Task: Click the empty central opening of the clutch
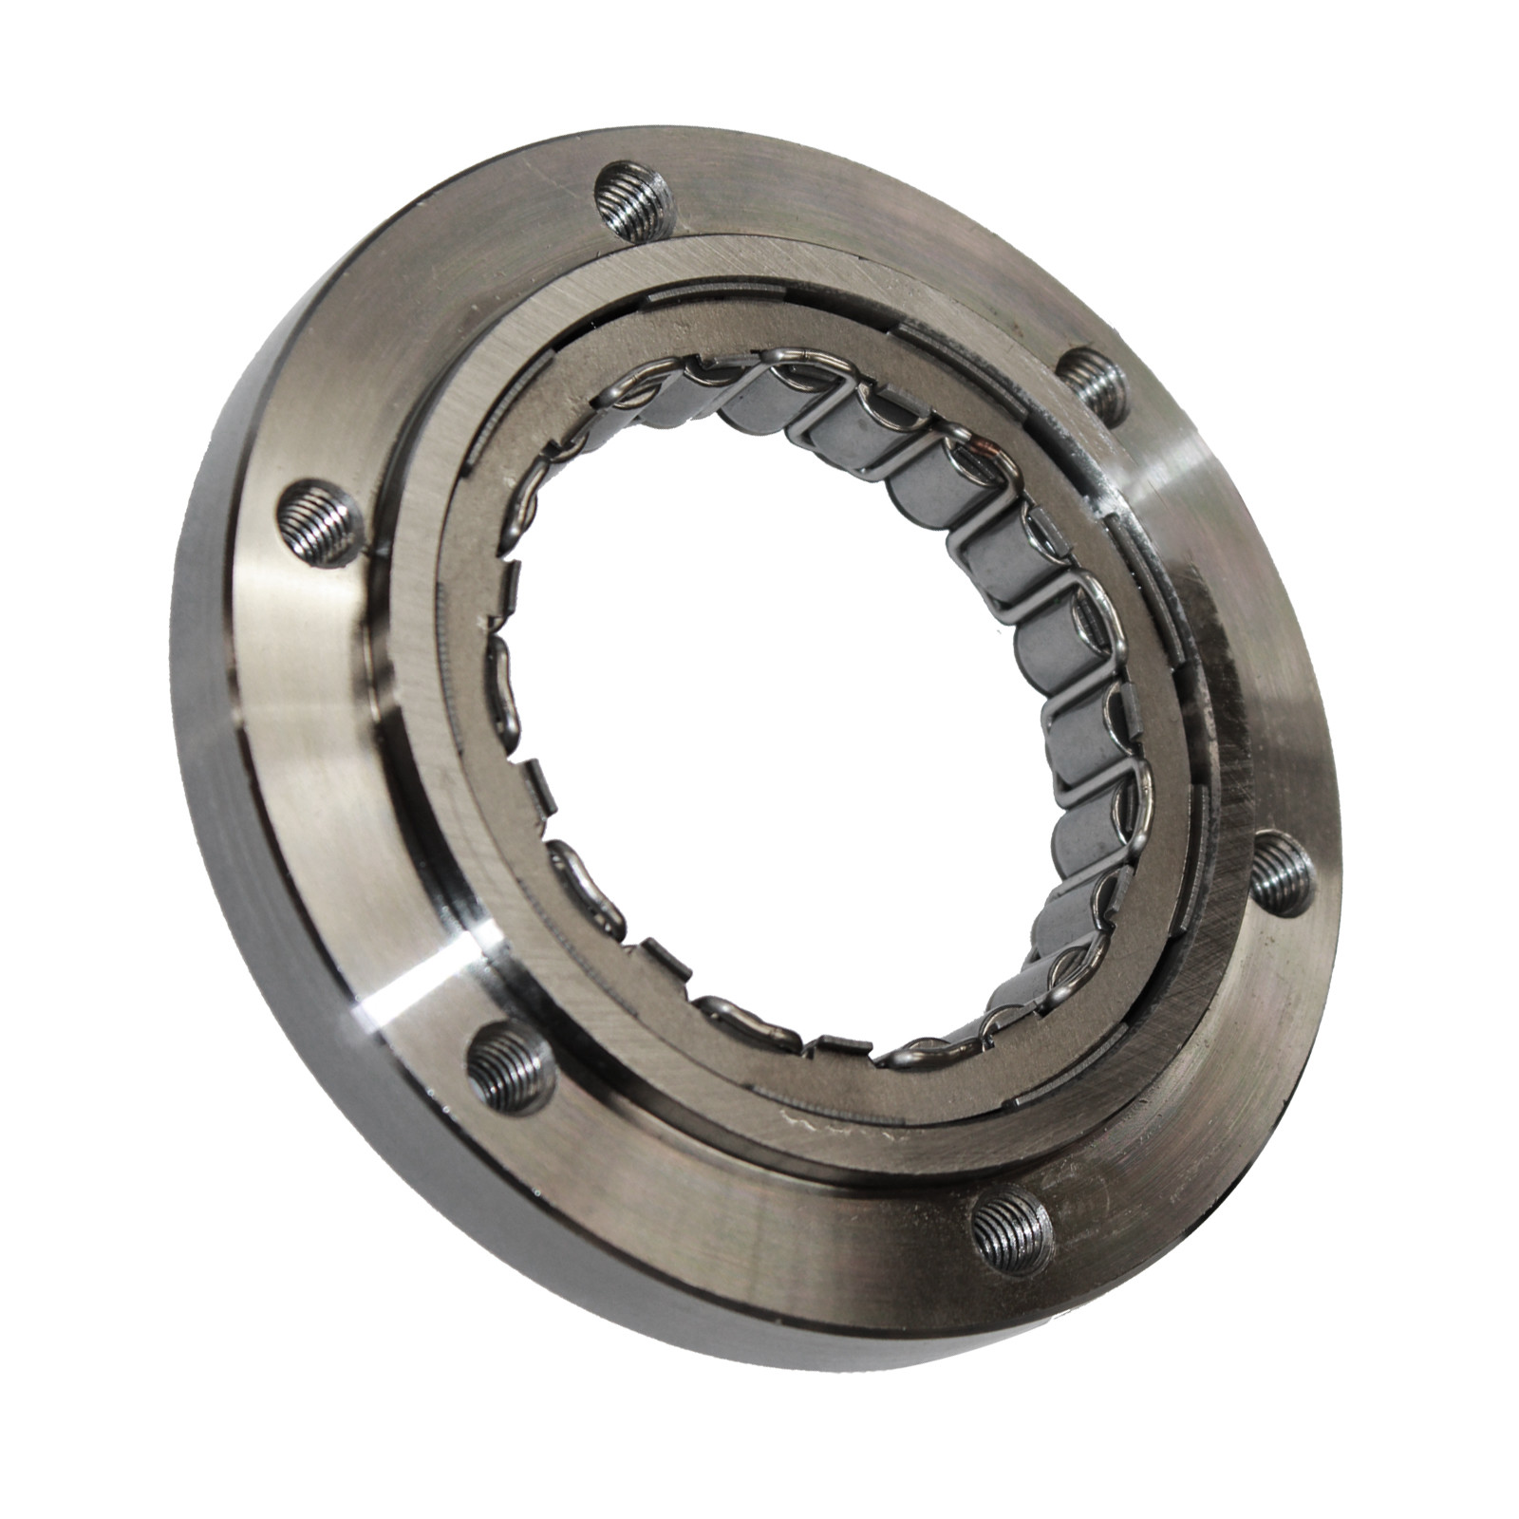[759, 741]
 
